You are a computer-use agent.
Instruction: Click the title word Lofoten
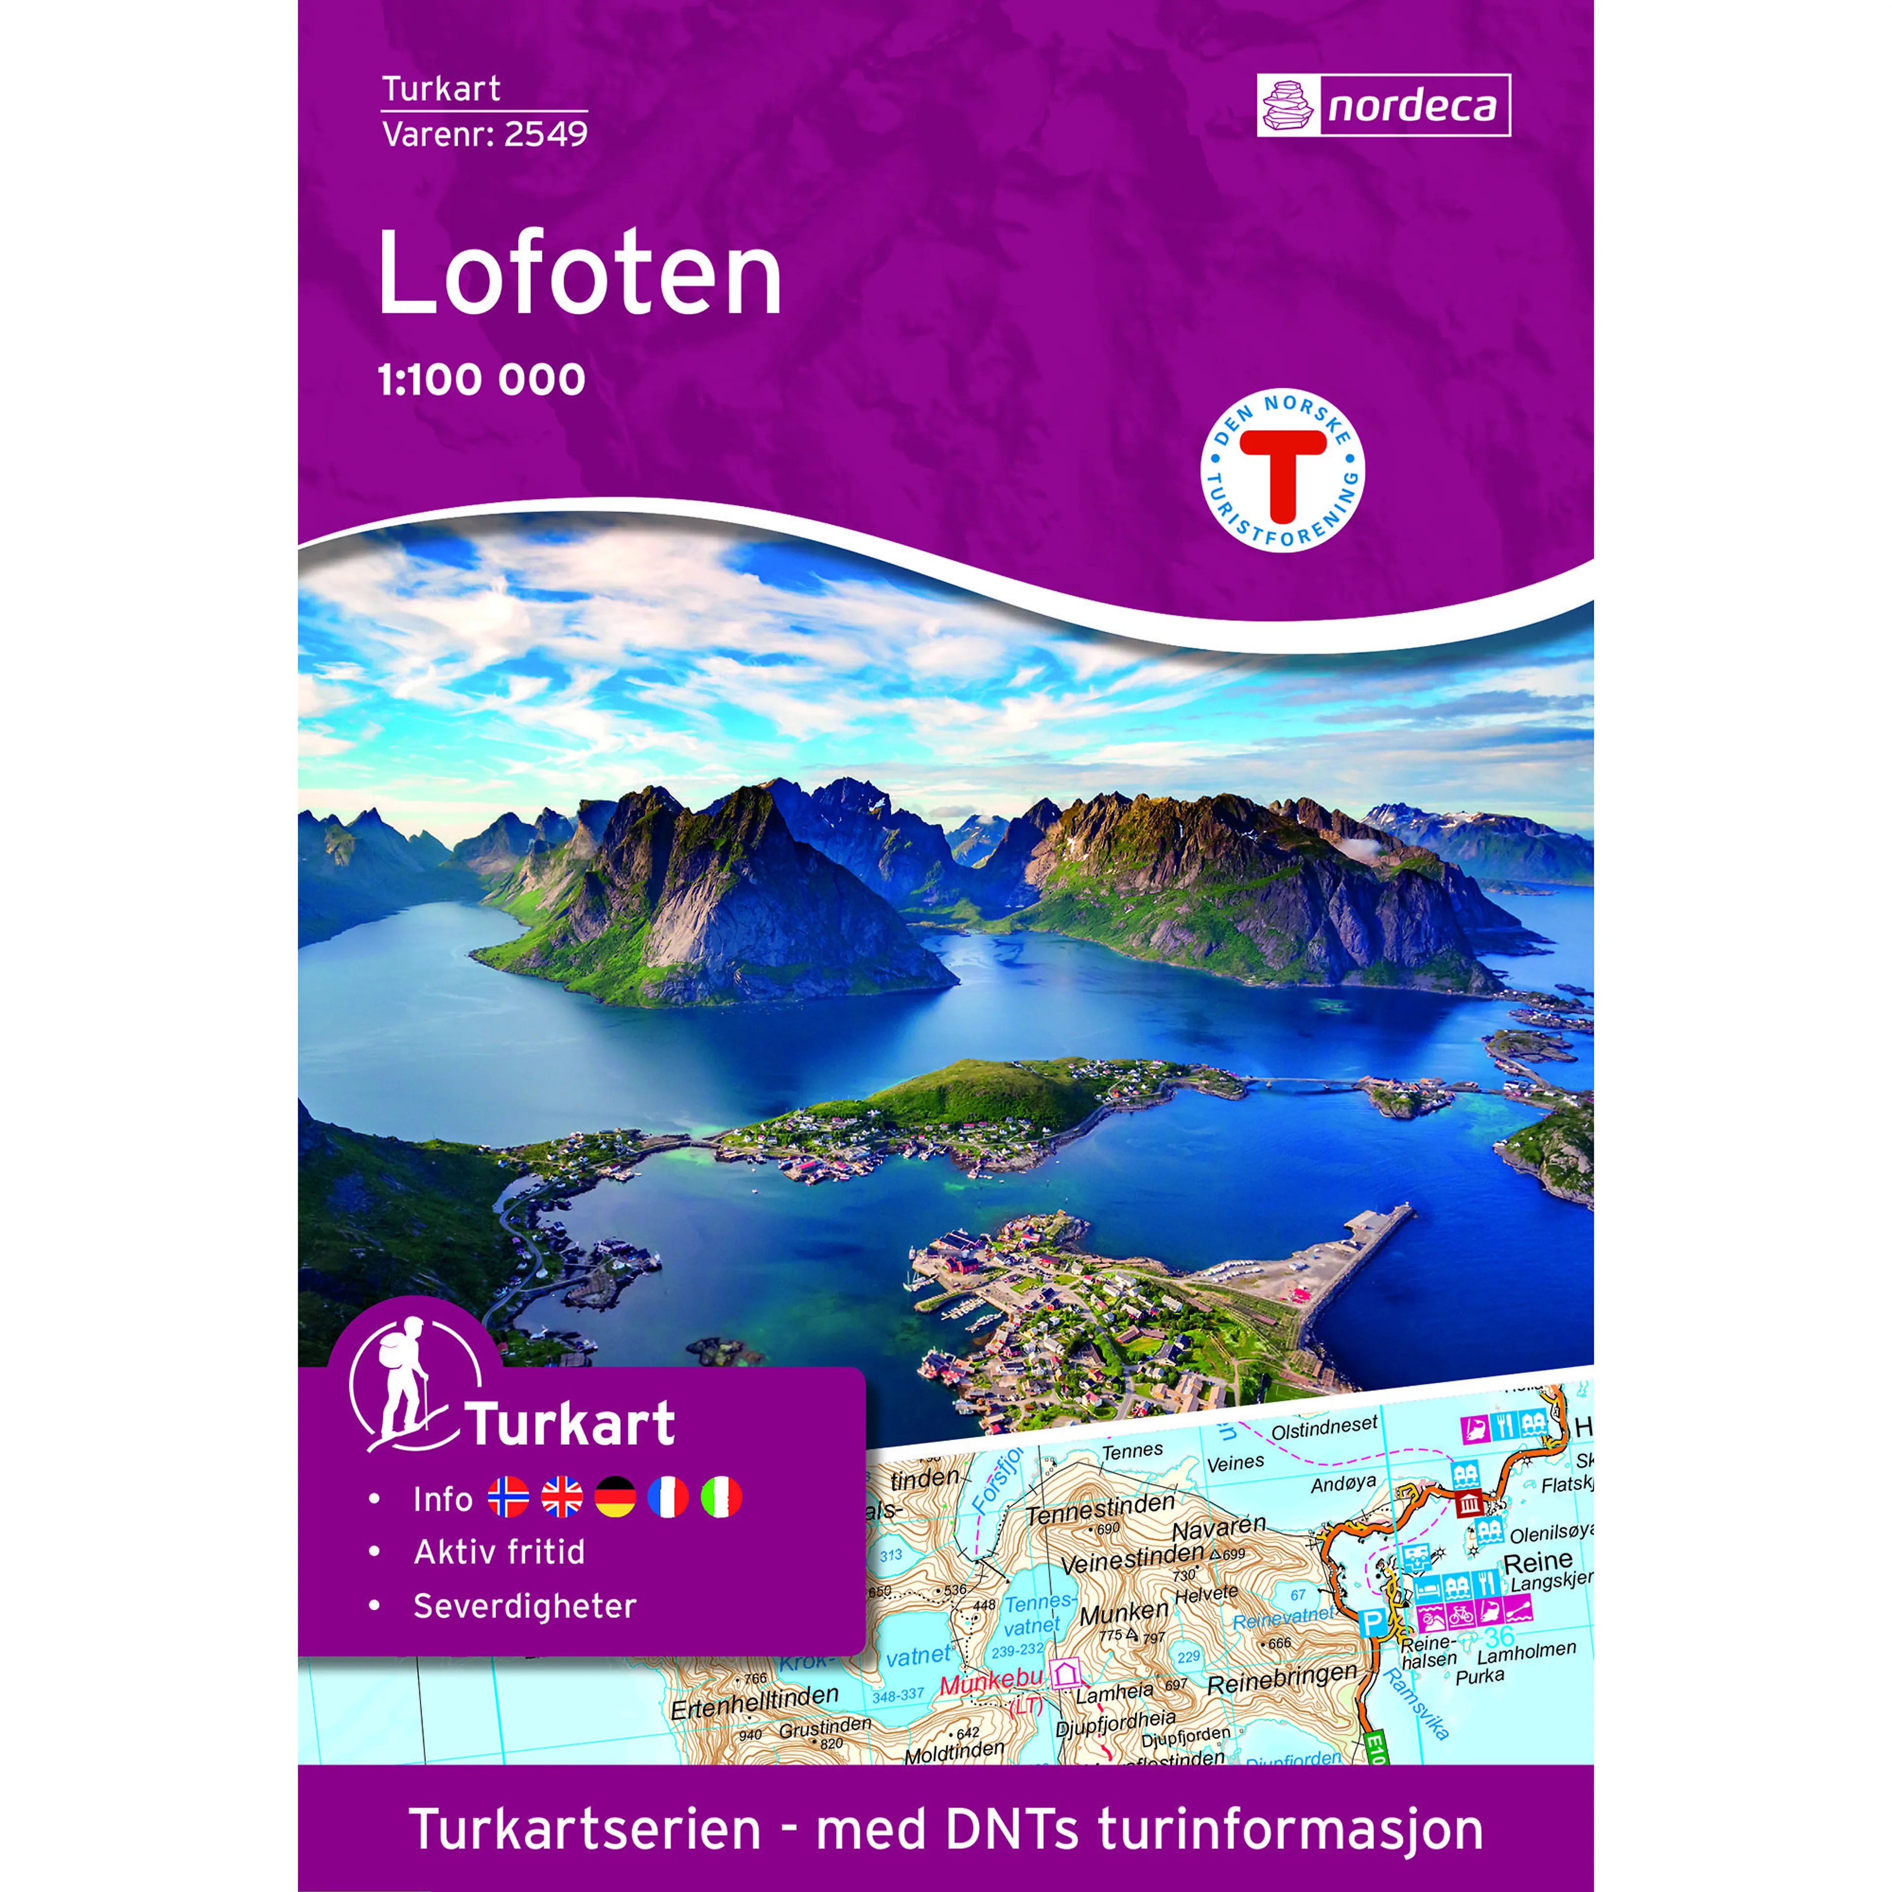pos(580,274)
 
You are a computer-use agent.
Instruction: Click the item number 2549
pos(545,134)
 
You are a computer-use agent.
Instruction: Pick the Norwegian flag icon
pos(508,1497)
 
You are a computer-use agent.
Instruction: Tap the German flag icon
pos(615,1497)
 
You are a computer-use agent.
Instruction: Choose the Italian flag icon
pos(721,1497)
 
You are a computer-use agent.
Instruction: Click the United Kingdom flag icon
pos(562,1497)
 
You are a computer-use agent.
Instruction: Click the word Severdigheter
pos(525,1606)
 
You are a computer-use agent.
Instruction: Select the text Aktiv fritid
pos(500,1552)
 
